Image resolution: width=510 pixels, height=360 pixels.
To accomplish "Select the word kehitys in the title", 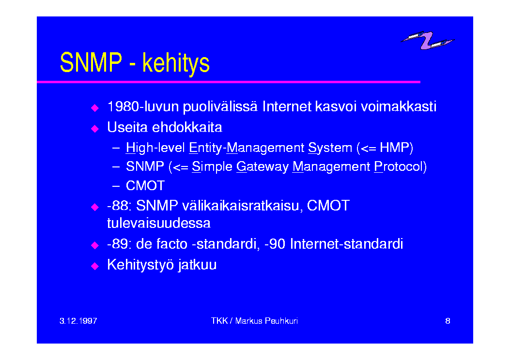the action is pyautogui.click(x=176, y=64).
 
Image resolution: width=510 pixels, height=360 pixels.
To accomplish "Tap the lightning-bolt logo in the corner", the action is pyautogui.click(x=427, y=40).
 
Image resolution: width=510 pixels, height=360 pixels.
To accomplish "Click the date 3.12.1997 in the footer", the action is pyautogui.click(x=78, y=321).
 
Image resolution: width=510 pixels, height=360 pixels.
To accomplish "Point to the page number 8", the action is pyautogui.click(x=448, y=321).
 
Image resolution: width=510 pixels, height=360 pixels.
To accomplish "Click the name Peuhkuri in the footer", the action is pyautogui.click(x=281, y=321).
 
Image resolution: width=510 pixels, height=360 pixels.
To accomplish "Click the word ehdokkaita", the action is pyautogui.click(x=187, y=127).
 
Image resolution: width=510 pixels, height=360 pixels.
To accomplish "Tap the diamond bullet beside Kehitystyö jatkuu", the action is pyautogui.click(x=95, y=266).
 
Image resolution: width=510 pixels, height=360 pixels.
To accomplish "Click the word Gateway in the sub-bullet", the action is pyautogui.click(x=263, y=166).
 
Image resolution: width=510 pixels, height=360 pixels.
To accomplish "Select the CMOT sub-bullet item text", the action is pyautogui.click(x=145, y=185).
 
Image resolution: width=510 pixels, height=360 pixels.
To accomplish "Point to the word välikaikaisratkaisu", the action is pyautogui.click(x=240, y=206).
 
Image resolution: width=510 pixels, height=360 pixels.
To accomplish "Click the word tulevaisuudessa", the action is pyautogui.click(x=159, y=223).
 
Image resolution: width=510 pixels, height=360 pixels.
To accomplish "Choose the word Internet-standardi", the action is pyautogui.click(x=346, y=244).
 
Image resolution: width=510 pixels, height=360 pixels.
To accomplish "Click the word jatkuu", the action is pyautogui.click(x=197, y=265).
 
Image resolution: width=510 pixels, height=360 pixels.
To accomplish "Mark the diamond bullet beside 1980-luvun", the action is pyautogui.click(x=95, y=108).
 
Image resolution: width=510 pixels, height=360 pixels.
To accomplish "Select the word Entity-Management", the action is pyautogui.click(x=247, y=148).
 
